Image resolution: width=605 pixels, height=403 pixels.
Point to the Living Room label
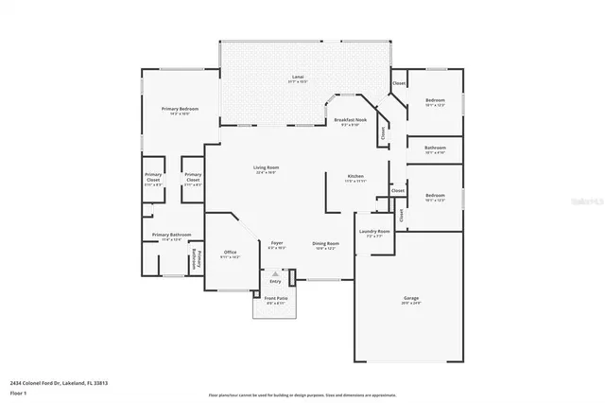(266, 168)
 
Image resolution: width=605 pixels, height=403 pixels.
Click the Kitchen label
(355, 177)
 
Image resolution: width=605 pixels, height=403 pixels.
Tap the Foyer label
(277, 243)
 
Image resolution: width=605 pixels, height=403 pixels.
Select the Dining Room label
(326, 243)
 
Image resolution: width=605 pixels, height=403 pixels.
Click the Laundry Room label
(374, 231)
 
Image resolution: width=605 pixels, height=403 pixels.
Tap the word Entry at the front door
(275, 281)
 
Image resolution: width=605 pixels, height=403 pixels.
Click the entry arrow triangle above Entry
(276, 273)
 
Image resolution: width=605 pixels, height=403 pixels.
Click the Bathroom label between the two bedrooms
(435, 148)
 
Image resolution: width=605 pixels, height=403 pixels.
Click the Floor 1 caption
(18, 391)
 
